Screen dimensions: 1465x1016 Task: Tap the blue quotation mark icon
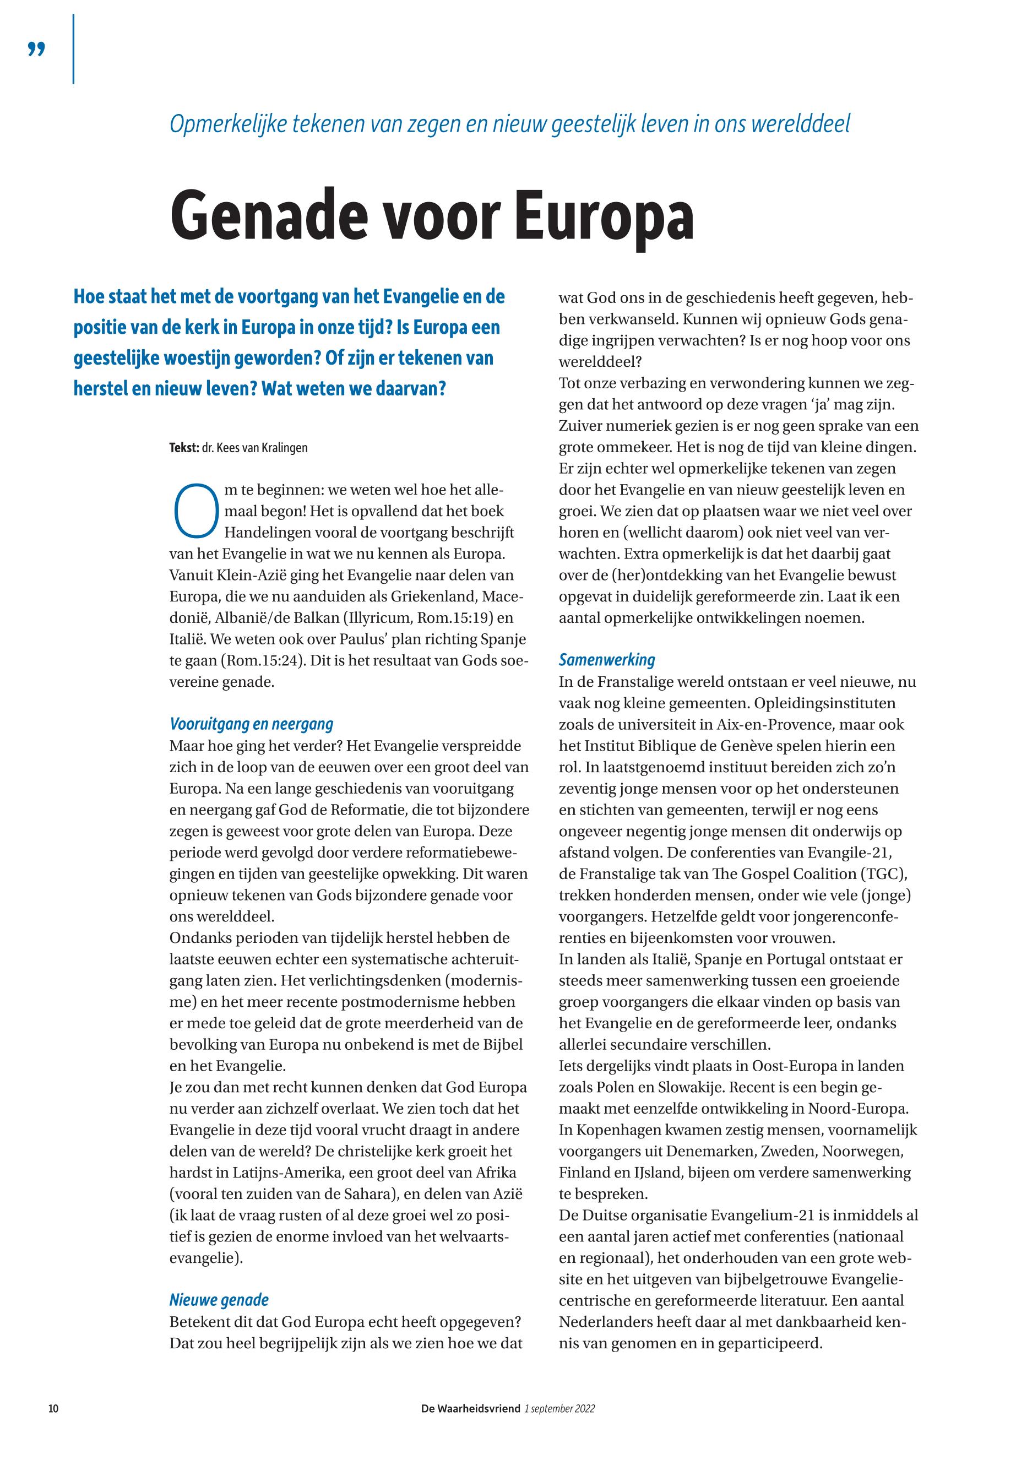coord(37,49)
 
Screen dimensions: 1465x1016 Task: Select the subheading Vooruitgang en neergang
coord(252,724)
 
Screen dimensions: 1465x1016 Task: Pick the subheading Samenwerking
coord(607,660)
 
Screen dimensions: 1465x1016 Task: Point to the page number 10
coord(53,1408)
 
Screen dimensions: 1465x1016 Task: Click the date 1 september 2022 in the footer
coord(559,1408)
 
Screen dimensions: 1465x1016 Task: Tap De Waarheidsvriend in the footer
coord(470,1408)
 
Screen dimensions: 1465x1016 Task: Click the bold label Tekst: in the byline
coord(184,448)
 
